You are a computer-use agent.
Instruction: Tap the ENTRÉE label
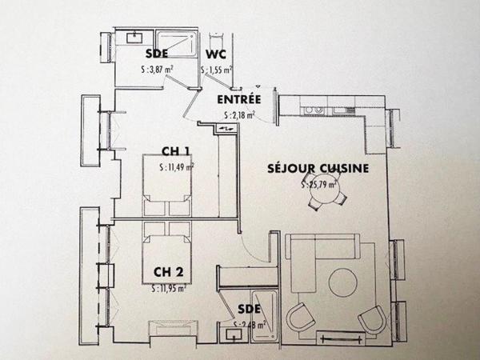point(239,100)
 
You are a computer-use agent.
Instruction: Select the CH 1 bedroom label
point(175,151)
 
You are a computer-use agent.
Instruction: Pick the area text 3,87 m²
point(157,70)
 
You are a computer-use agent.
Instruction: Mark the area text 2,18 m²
point(239,115)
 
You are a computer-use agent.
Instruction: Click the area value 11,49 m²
point(176,167)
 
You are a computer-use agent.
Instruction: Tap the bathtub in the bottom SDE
point(262,317)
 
